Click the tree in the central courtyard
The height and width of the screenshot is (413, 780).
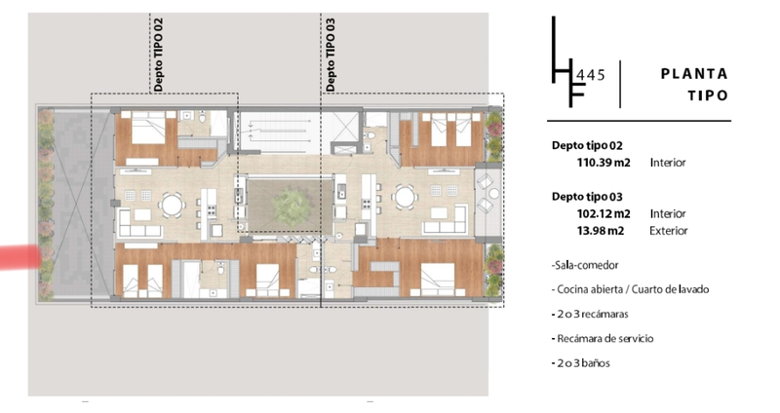(291, 207)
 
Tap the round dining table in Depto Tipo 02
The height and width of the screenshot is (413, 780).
(173, 205)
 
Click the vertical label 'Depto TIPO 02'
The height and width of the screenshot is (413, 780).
(158, 56)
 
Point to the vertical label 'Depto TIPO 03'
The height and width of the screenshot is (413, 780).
(331, 56)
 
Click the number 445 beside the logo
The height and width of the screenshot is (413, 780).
(590, 75)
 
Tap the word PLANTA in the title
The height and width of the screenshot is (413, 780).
(694, 74)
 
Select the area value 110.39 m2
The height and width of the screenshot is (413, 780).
(604, 163)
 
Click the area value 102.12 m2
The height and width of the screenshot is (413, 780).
(604, 213)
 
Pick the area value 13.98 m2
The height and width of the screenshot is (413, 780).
(601, 231)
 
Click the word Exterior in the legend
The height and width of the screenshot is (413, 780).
(669, 231)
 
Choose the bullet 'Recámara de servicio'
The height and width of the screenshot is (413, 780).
(603, 338)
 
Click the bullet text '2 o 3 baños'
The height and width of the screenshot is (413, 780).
(580, 362)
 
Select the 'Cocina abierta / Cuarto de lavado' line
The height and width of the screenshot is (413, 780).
(630, 289)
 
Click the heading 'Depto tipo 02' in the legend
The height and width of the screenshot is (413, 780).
(587, 145)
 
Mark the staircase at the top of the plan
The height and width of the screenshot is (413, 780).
(279, 133)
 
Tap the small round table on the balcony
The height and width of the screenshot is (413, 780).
(494, 193)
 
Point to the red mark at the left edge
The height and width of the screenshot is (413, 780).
(19, 257)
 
